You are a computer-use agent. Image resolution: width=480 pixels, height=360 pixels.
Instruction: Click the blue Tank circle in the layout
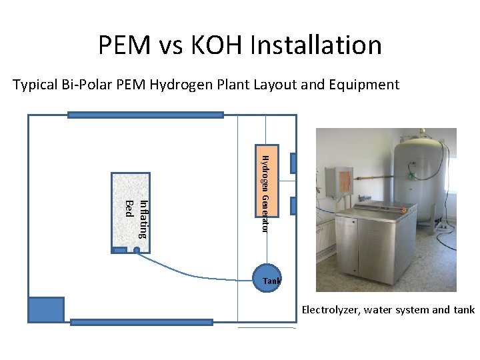pos(267,279)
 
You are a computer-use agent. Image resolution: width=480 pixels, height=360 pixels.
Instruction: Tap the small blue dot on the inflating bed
pos(136,251)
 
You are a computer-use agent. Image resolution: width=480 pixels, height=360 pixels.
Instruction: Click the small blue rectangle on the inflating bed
pos(119,250)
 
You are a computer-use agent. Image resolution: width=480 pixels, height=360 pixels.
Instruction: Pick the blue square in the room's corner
pos(46,309)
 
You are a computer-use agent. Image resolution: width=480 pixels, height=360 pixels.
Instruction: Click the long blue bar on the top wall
pos(145,115)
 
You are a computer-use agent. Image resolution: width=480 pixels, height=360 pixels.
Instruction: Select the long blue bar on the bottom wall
pos(141,322)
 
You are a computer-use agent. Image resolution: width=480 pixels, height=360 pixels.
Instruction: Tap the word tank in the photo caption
pos(463,310)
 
